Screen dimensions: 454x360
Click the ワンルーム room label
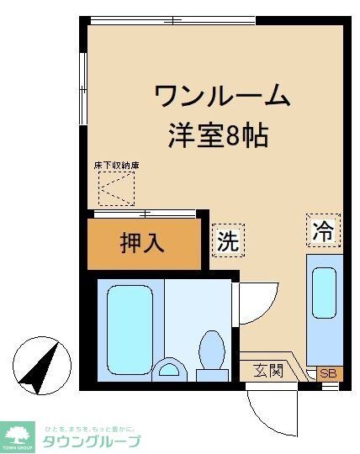pyautogui.click(x=222, y=95)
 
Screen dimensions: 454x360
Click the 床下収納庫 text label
pyautogui.click(x=116, y=166)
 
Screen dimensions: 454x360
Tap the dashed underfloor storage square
pyautogui.click(x=115, y=190)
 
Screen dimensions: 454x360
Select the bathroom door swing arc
pyautogui.click(x=257, y=301)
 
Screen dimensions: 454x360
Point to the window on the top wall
pyautogui.click(x=173, y=19)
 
